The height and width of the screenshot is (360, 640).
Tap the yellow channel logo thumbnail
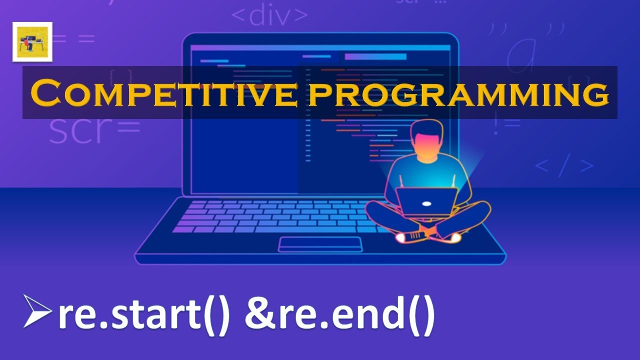32,42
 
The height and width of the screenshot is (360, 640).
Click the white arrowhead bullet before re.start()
37,311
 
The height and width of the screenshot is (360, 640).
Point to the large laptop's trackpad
320,244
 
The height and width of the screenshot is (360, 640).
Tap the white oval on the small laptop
426,203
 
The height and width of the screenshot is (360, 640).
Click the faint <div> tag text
269,15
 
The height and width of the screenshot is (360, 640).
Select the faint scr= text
94,130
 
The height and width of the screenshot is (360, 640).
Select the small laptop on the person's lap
426,201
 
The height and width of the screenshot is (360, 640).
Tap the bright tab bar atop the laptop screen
375,56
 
